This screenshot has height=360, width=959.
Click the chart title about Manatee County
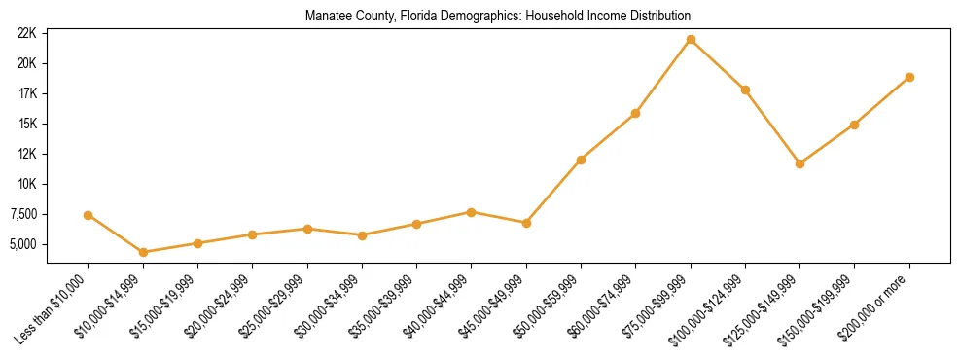click(497, 16)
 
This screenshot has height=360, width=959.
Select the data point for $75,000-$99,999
click(691, 40)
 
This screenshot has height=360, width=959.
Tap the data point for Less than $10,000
click(89, 215)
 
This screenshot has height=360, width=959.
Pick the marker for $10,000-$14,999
click(143, 252)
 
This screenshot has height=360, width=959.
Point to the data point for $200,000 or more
click(909, 77)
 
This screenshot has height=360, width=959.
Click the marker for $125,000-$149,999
click(799, 163)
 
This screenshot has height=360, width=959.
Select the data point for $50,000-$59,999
click(581, 160)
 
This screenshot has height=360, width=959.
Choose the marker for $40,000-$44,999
click(471, 212)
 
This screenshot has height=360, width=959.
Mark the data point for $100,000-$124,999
click(745, 90)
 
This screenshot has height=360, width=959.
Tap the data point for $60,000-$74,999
click(635, 113)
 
